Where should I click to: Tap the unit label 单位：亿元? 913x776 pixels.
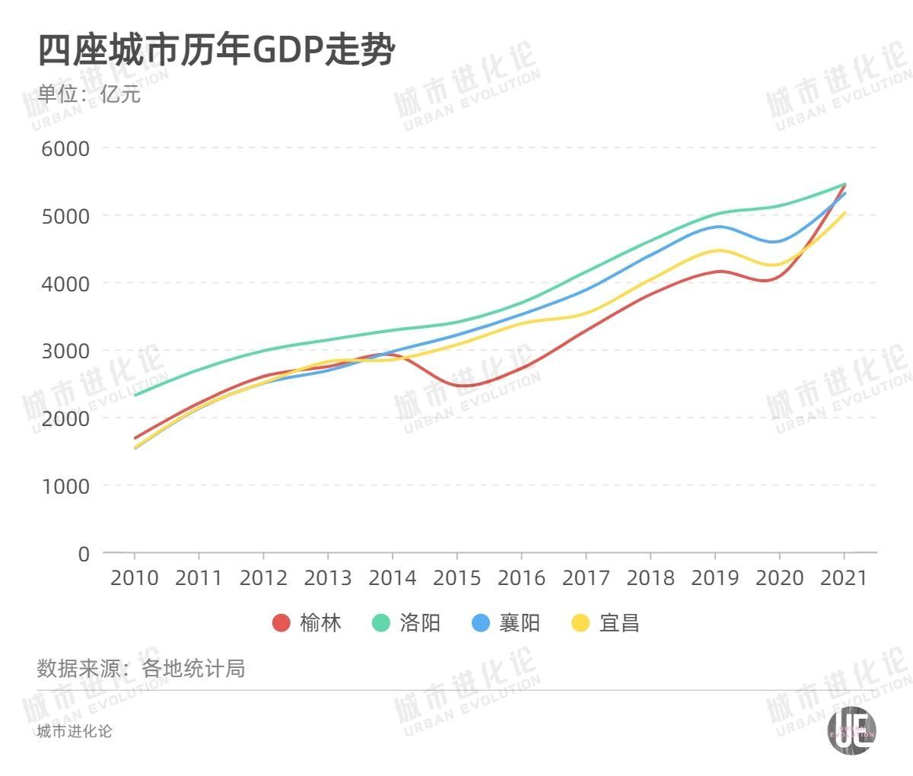coord(89,94)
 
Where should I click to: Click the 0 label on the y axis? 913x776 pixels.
coord(84,554)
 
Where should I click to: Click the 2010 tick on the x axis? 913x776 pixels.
coord(135,578)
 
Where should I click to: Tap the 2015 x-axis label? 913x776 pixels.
coord(457,578)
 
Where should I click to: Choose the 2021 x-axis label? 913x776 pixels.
coord(844,578)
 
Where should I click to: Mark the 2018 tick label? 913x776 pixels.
coord(651,578)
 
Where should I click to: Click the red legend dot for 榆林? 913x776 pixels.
coord(282,623)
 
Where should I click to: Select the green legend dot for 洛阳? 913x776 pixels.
coord(381,623)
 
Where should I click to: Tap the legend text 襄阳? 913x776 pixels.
coord(519,623)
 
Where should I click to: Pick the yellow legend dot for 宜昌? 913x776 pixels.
coord(581,623)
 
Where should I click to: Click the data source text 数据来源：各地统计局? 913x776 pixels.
coord(141,669)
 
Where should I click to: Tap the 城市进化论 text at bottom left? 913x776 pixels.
coord(75,731)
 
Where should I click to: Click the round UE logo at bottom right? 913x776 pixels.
coord(851,731)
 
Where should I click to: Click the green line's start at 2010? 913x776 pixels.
coord(135,395)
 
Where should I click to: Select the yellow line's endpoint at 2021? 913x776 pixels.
coord(844,213)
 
